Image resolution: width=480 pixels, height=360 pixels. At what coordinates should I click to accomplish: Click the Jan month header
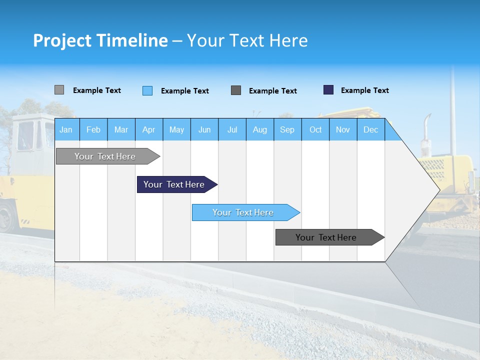[66, 129]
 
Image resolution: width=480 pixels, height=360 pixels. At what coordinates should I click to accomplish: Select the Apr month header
[148, 129]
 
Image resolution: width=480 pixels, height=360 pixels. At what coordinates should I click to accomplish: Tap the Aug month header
[259, 129]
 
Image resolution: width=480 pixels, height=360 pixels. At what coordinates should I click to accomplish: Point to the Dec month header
[370, 129]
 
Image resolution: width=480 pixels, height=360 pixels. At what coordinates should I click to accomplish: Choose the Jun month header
[204, 129]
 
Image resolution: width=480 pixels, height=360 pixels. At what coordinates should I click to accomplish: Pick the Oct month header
[315, 129]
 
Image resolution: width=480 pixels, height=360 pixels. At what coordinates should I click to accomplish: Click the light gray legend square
[59, 90]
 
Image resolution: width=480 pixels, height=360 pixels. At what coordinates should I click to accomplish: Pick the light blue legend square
[147, 90]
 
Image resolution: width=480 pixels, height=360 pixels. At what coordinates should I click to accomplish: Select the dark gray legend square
[236, 90]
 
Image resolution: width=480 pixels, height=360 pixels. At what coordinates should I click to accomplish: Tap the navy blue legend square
[328, 90]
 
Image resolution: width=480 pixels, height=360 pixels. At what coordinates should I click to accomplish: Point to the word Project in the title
[62, 40]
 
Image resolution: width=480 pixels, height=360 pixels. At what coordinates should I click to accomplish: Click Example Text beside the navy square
[364, 90]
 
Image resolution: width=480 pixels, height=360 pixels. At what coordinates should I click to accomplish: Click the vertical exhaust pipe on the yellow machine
[425, 132]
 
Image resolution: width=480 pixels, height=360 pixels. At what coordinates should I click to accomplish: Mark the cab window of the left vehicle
[26, 135]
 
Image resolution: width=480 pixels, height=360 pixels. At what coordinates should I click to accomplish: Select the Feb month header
[93, 129]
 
